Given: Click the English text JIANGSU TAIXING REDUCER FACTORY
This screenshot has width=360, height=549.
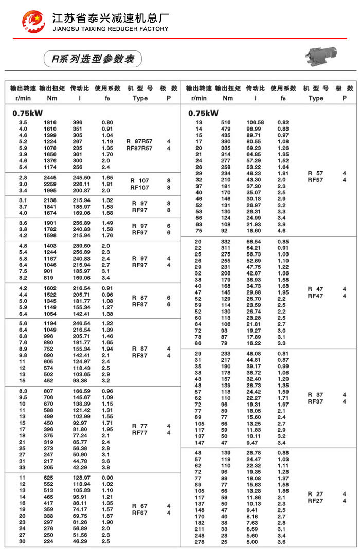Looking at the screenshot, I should (111, 29).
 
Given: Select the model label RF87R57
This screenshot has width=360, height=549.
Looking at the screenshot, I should (139, 148).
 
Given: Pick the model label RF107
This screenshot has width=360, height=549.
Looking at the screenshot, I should (140, 188).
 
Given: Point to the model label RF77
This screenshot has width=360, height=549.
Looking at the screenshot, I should (140, 433).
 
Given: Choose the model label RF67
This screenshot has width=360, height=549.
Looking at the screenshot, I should (140, 513).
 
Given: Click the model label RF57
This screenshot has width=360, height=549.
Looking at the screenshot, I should (316, 180).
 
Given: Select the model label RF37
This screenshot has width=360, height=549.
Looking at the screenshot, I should (316, 401).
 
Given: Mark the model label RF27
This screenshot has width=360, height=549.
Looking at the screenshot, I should (316, 501).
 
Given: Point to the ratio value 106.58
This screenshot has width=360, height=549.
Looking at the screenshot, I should (255, 122).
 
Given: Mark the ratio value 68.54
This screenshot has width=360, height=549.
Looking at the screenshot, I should (254, 242).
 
